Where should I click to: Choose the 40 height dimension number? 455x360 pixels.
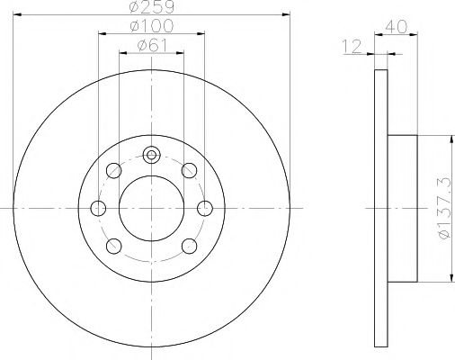(x=392, y=28)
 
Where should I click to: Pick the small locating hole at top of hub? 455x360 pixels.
(x=152, y=155)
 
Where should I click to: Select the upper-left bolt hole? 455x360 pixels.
(x=113, y=170)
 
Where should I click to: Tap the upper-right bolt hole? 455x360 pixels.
(x=189, y=170)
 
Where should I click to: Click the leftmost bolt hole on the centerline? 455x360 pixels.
(x=98, y=208)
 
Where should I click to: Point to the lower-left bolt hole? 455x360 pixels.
(x=113, y=246)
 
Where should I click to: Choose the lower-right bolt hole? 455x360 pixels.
(x=189, y=246)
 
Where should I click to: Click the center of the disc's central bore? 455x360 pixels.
(x=152, y=208)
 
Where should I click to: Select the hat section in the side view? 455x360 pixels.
(x=402, y=208)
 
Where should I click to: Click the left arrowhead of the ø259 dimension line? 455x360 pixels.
(x=18, y=14)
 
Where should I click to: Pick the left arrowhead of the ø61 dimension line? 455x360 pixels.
(x=123, y=51)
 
